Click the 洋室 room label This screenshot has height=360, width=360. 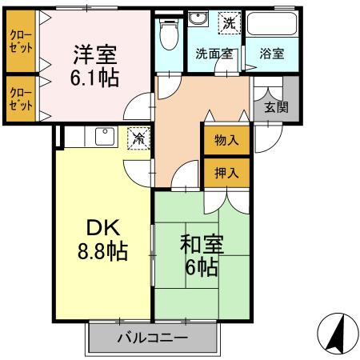96,55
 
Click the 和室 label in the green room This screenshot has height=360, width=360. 198,243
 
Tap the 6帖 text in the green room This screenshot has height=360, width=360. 199,267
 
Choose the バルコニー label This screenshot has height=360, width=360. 153,338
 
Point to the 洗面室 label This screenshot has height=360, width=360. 214,54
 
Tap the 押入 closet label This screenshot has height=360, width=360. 226,170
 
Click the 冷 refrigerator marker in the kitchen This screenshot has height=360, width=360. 138,138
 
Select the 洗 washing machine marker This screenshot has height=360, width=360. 230,24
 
